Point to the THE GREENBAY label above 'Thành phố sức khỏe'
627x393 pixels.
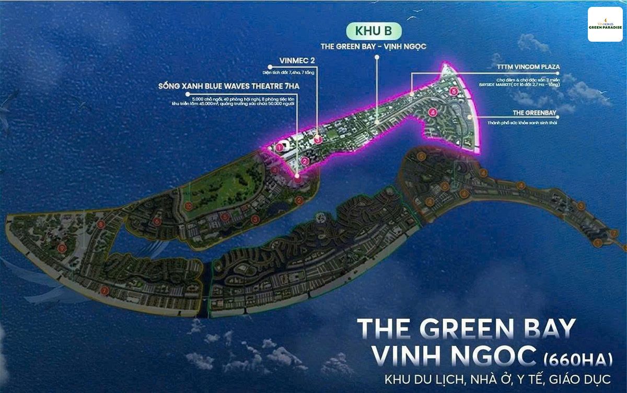tap(534, 112)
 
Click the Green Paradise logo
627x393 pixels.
tap(605, 24)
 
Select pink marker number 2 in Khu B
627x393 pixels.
tap(304, 161)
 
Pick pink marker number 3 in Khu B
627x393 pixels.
tap(318, 139)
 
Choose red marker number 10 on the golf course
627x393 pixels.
tap(188, 206)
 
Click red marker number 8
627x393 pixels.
tap(101, 224)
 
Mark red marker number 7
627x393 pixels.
tap(104, 291)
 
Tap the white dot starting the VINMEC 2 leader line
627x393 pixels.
tap(270, 67)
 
